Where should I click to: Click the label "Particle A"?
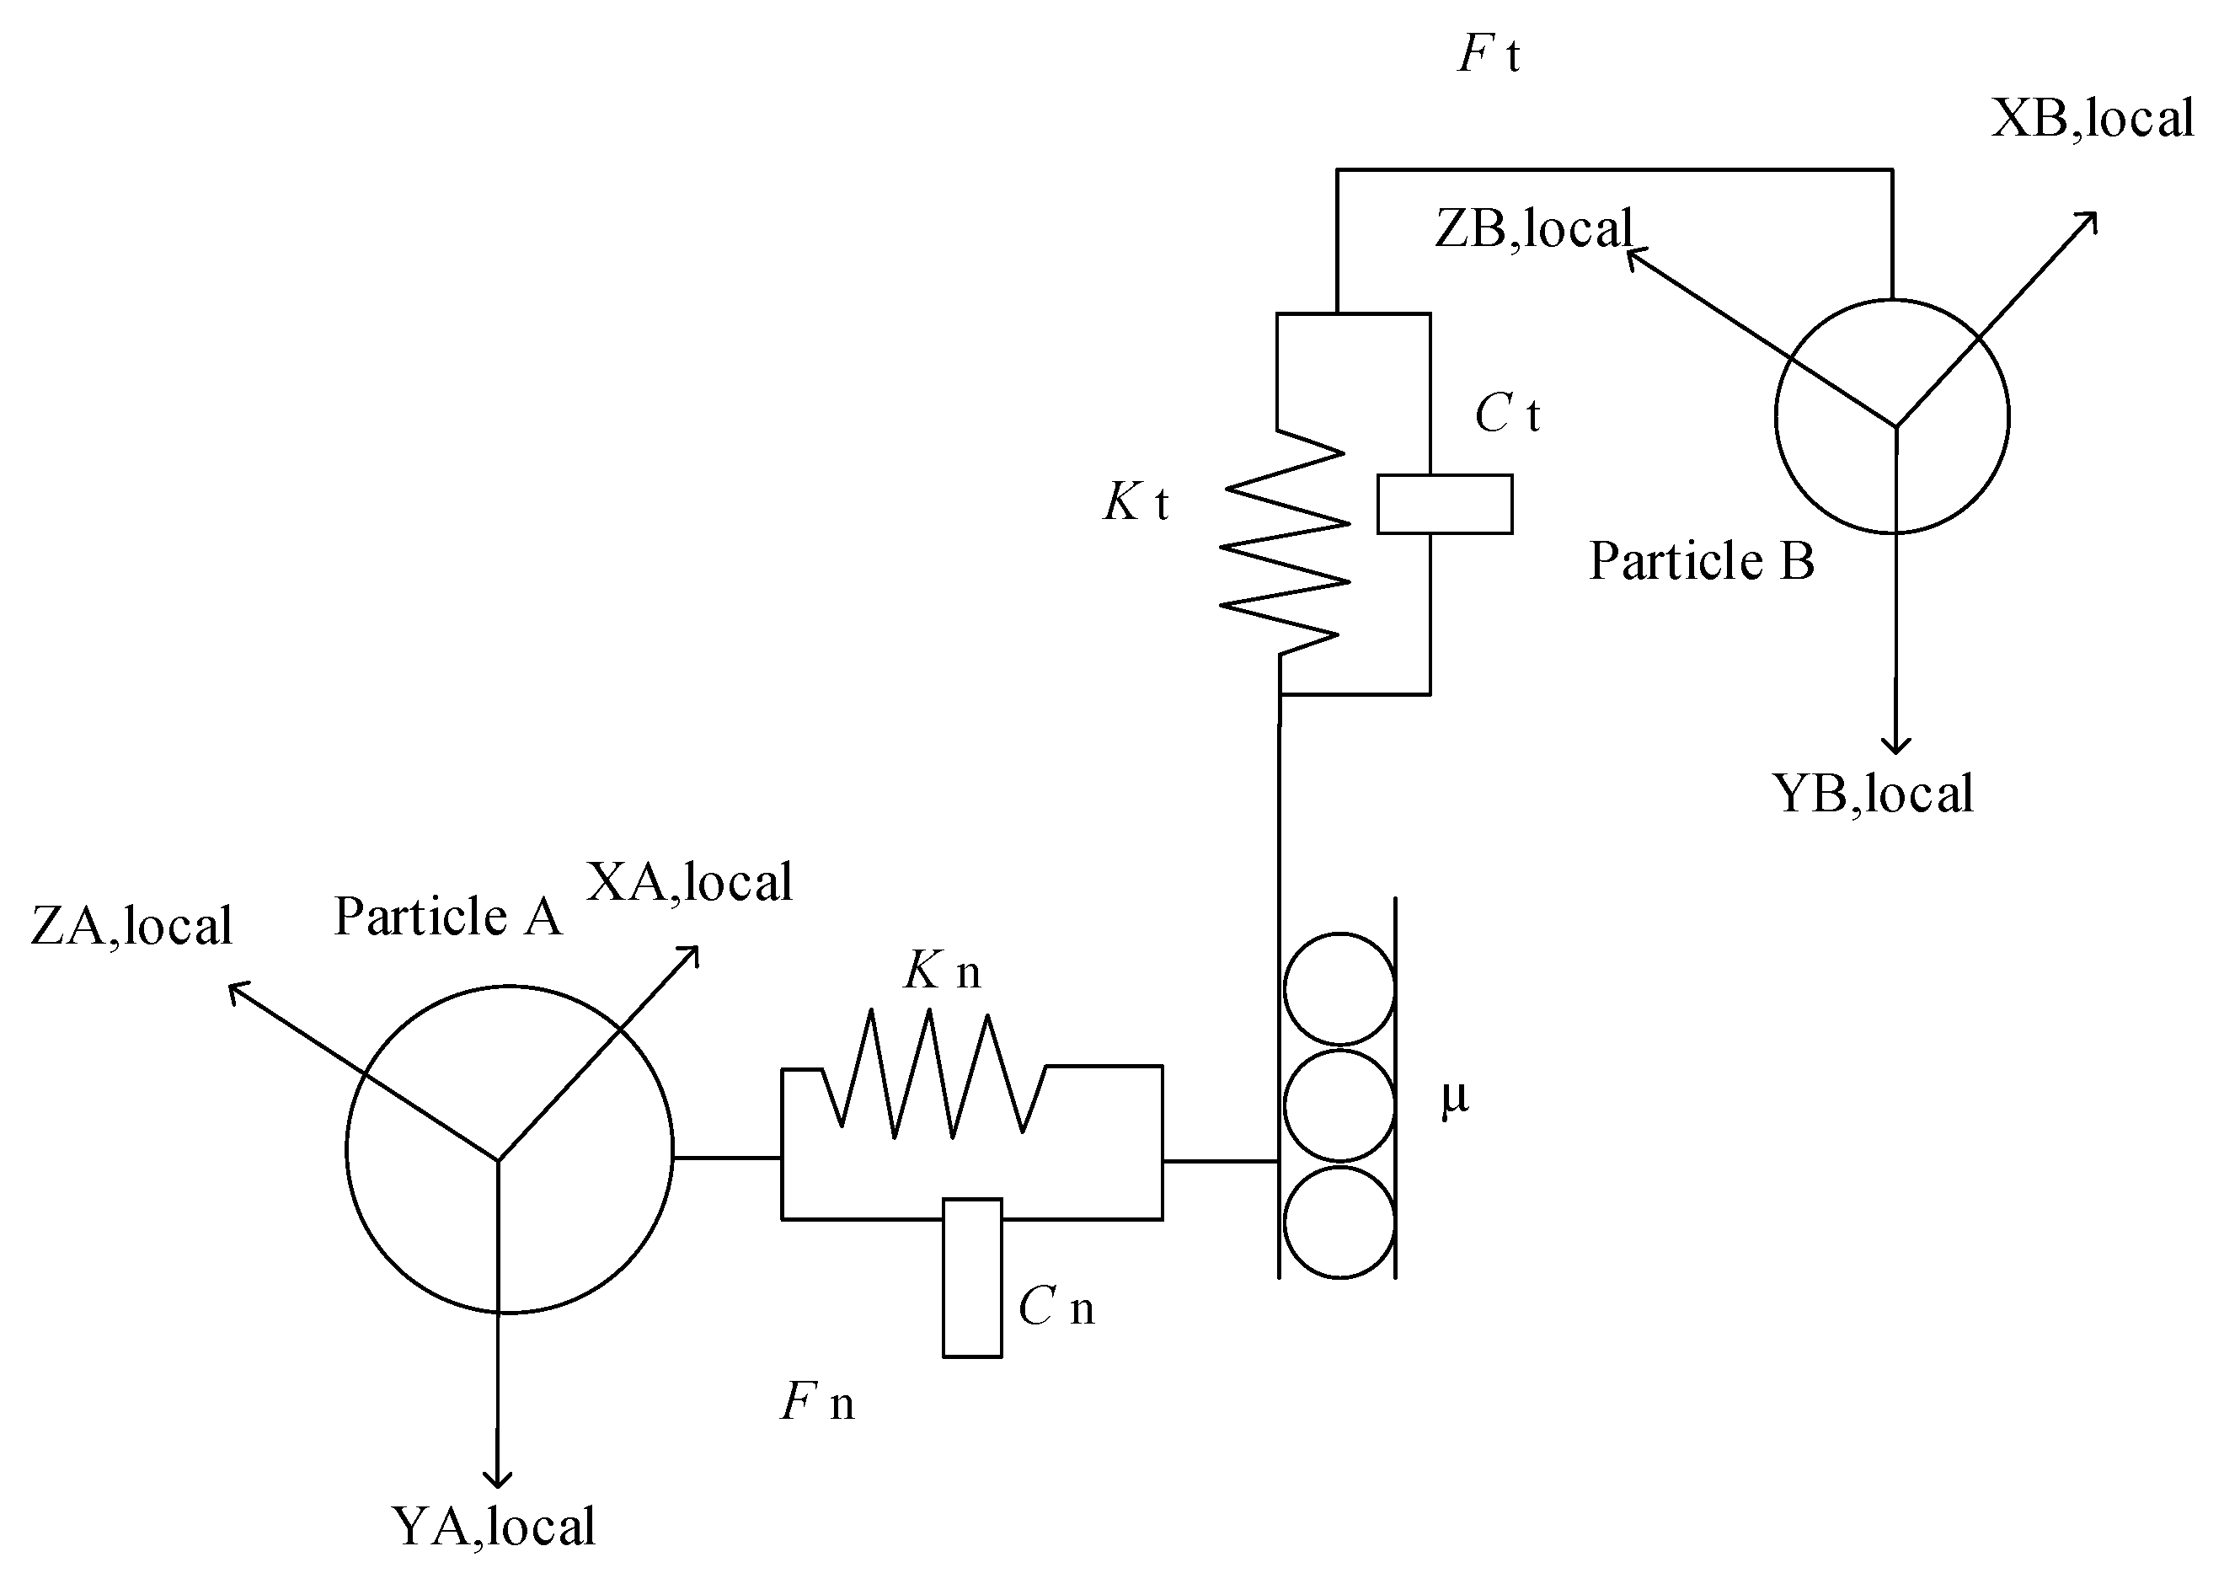click(x=447, y=917)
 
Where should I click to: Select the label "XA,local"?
click(x=689, y=881)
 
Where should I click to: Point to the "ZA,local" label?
click(x=131, y=926)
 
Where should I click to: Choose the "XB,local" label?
click(x=2093, y=119)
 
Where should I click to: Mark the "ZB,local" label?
click(x=1533, y=229)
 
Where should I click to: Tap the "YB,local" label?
click(x=1872, y=794)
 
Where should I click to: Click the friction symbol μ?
click(x=1455, y=1098)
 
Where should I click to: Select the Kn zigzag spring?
click(x=933, y=1074)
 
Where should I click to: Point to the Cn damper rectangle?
click(x=971, y=1278)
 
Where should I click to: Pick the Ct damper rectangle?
click(x=1444, y=504)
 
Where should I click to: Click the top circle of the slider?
click(x=1339, y=988)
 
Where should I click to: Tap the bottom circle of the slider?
click(x=1339, y=1221)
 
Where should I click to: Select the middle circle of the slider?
click(x=1339, y=1105)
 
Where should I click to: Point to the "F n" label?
click(x=817, y=1402)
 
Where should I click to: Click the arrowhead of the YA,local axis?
click(x=498, y=1478)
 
